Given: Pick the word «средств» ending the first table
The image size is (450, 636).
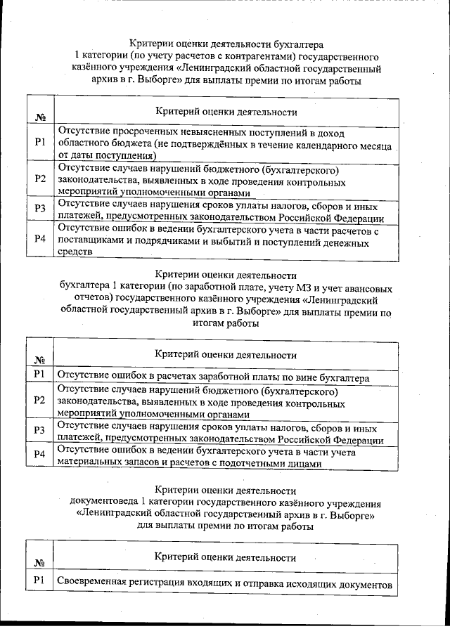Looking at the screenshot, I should tap(75, 254).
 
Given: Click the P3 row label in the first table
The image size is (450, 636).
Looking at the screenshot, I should tap(40, 207).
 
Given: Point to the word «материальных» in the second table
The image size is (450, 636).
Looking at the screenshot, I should tap(88, 463).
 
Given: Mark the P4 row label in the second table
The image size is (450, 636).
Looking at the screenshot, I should tap(40, 457).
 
